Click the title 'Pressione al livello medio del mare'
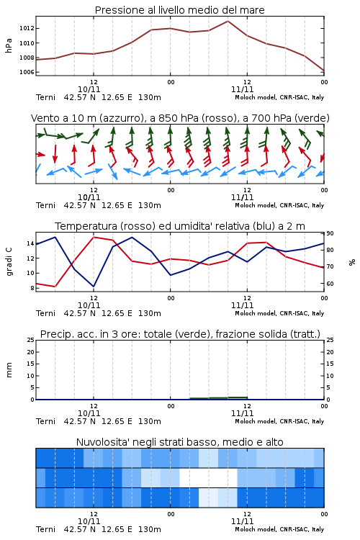(x=180, y=10)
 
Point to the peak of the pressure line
(x=228, y=21)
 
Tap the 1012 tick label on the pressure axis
(x=27, y=28)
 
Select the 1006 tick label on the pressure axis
(x=27, y=72)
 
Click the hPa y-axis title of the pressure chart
(x=9, y=46)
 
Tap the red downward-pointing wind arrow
(x=55, y=154)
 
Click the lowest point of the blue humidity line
(x=94, y=286)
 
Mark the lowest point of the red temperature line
(x=55, y=287)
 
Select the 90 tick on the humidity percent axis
(x=330, y=233)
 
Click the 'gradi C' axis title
(x=9, y=261)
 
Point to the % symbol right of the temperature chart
(x=352, y=262)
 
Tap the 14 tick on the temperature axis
(x=30, y=243)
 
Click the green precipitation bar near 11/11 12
(x=238, y=397)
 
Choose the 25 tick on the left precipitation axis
(x=31, y=340)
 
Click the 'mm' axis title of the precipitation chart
(x=9, y=370)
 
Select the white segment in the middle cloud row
(x=208, y=477)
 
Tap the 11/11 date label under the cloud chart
(x=242, y=521)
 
